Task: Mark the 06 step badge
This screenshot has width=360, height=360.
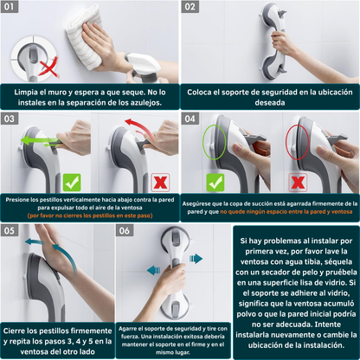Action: pos(125,230)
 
